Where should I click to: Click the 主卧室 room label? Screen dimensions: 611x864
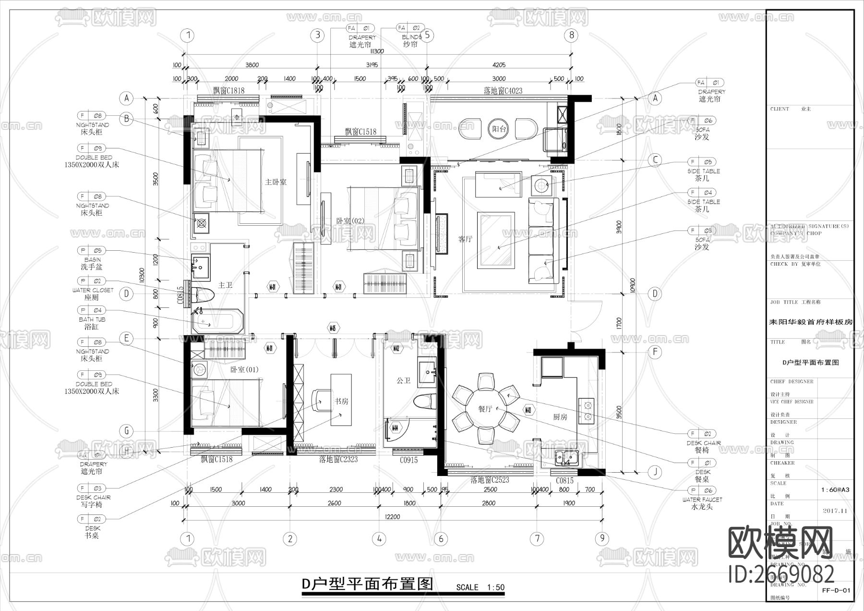coord(276,182)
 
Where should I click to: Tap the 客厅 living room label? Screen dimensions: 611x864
coord(465,239)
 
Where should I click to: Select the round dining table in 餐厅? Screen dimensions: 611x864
coord(486,409)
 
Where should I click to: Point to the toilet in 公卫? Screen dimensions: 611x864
coord(425,401)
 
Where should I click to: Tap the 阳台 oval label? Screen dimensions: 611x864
coord(500,129)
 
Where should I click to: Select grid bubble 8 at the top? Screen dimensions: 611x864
coord(571,35)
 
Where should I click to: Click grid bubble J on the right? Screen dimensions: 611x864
coord(655,472)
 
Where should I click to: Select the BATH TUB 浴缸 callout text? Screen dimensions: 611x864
coord(92,323)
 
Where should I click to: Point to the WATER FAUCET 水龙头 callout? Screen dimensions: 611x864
coord(702,503)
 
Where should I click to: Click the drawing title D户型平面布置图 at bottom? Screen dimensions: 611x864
coord(367,584)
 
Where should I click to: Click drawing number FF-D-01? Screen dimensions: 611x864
coord(836,590)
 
